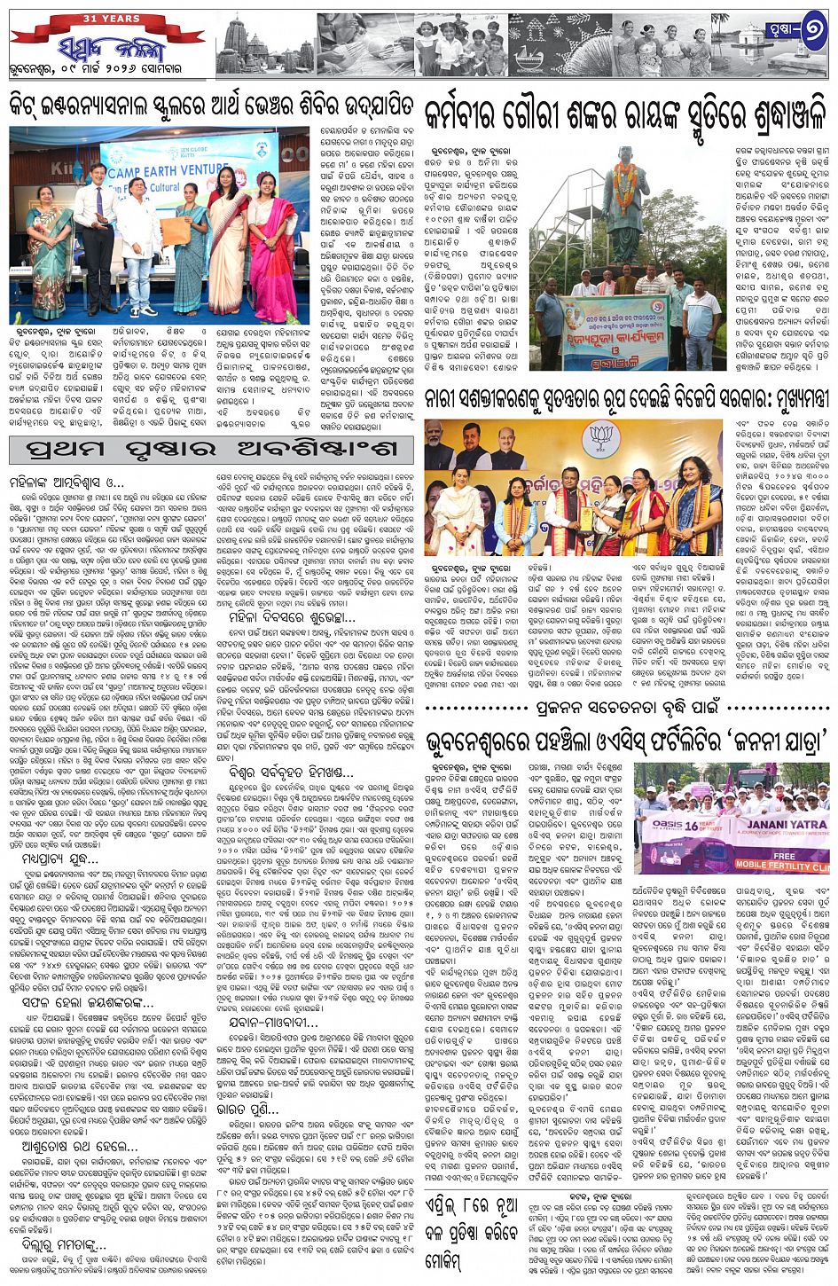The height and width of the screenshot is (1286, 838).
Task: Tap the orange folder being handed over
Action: (175, 231)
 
